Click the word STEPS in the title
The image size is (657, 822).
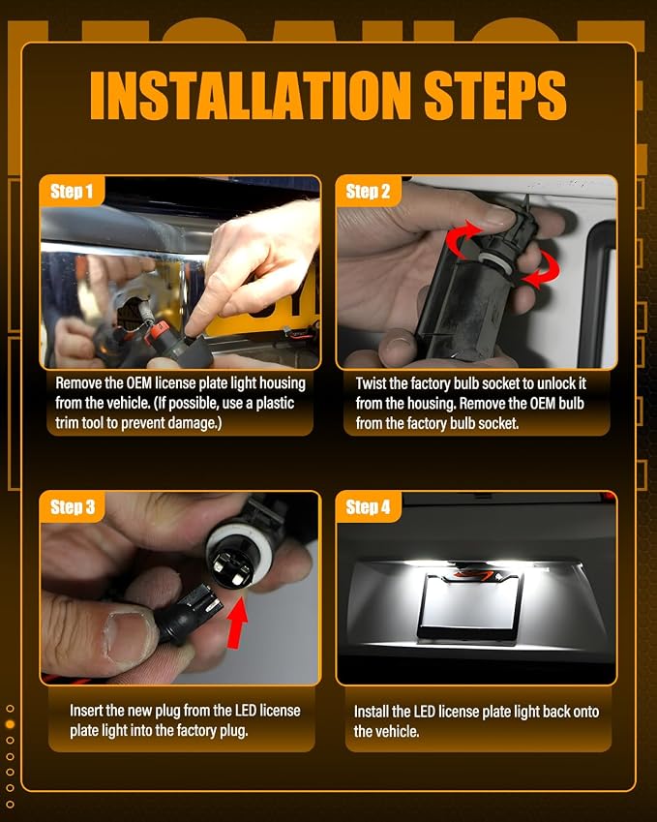click(495, 95)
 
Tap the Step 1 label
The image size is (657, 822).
click(72, 192)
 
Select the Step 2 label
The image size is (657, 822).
click(368, 192)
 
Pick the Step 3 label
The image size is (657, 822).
click(73, 507)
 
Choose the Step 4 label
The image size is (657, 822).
click(368, 507)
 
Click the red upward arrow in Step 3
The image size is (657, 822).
click(236, 623)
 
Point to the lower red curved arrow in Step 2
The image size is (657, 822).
click(545, 270)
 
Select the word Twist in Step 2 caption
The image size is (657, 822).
click(371, 383)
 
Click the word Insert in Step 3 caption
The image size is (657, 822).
click(86, 711)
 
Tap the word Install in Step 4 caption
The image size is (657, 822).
click(371, 712)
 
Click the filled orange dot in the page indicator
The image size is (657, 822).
click(10, 724)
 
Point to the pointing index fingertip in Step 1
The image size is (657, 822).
click(194, 327)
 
